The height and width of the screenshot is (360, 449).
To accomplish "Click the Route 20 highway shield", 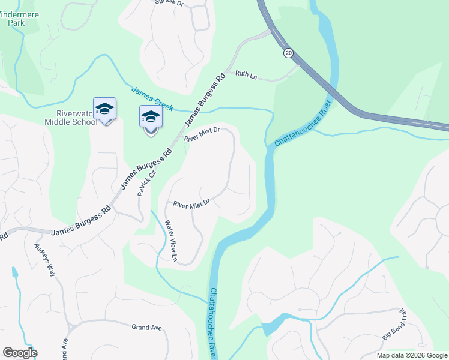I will (x=289, y=53).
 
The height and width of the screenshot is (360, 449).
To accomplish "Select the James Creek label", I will (x=152, y=99).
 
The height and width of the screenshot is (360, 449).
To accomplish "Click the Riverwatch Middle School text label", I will (x=71, y=117).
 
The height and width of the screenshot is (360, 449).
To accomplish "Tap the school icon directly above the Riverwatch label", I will (x=104, y=109).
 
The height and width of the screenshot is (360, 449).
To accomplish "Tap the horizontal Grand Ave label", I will (x=147, y=327).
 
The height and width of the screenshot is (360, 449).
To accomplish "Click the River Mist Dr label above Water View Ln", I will (x=191, y=204).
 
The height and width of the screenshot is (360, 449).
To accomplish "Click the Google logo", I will (x=20, y=353).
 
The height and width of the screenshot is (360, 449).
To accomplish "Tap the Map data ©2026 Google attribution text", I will (x=411, y=355).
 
